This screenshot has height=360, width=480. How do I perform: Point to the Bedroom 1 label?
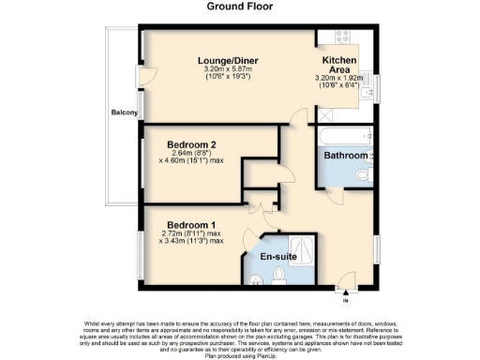click(191, 224)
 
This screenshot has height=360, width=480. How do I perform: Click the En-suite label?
click(278, 255)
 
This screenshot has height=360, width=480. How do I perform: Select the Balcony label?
click(124, 113)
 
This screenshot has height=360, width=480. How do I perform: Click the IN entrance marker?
click(345, 299)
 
